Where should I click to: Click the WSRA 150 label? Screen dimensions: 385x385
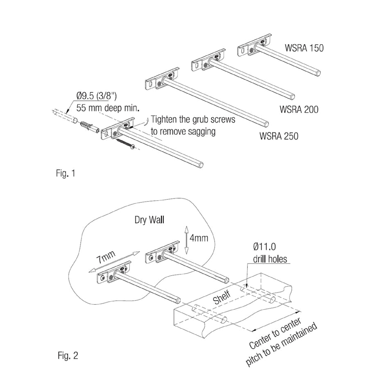[304, 48]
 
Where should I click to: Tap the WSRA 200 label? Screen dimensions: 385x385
[299, 109]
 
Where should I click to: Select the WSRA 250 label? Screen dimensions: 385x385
[279, 136]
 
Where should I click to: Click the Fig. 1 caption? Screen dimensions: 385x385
[65, 174]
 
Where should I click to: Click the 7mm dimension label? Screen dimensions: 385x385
[105, 258]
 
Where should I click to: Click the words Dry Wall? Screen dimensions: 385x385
[149, 220]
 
